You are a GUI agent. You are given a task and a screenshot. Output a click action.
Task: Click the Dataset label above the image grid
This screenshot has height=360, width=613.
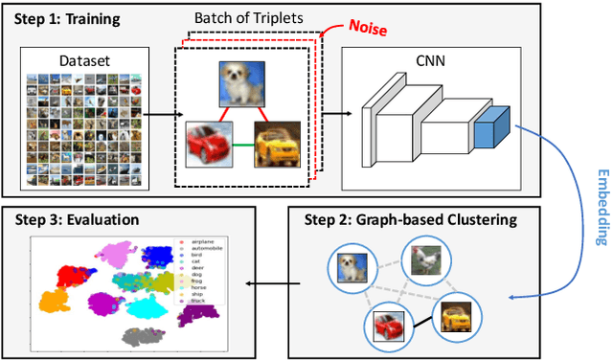(x=83, y=60)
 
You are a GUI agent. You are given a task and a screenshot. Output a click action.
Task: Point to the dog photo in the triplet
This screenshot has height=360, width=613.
(x=235, y=83)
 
